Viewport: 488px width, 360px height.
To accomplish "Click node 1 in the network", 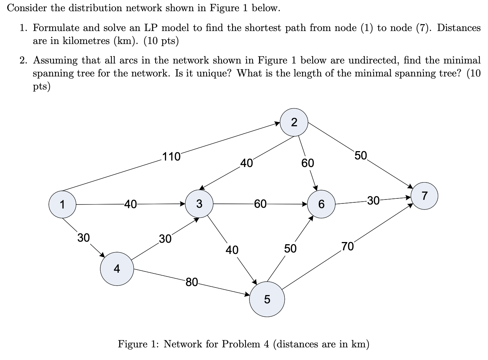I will (62, 205).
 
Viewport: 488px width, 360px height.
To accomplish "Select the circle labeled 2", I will (294, 123).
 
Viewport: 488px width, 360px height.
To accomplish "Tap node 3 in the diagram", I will (199, 204).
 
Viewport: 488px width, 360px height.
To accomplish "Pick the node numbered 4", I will (117, 269).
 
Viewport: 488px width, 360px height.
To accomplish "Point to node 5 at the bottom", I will (267, 299).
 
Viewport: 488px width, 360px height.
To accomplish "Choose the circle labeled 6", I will (321, 205).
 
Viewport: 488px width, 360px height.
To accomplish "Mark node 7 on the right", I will (424, 196).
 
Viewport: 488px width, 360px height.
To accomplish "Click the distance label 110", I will (171, 157).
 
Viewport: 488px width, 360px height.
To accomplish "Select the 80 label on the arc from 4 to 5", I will (192, 282).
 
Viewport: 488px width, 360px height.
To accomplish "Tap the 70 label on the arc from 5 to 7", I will (348, 247).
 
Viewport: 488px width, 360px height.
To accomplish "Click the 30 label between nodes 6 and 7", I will (373, 200).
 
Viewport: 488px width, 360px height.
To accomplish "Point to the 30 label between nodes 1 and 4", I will (84, 238).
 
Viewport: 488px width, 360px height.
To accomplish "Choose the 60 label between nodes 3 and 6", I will (260, 204).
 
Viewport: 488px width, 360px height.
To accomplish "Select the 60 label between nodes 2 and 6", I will (308, 163).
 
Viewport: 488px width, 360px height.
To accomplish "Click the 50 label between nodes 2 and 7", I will (360, 156).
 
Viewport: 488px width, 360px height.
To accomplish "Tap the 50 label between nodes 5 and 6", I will (290, 249).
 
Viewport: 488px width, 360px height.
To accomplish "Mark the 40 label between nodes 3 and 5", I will (232, 250).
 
